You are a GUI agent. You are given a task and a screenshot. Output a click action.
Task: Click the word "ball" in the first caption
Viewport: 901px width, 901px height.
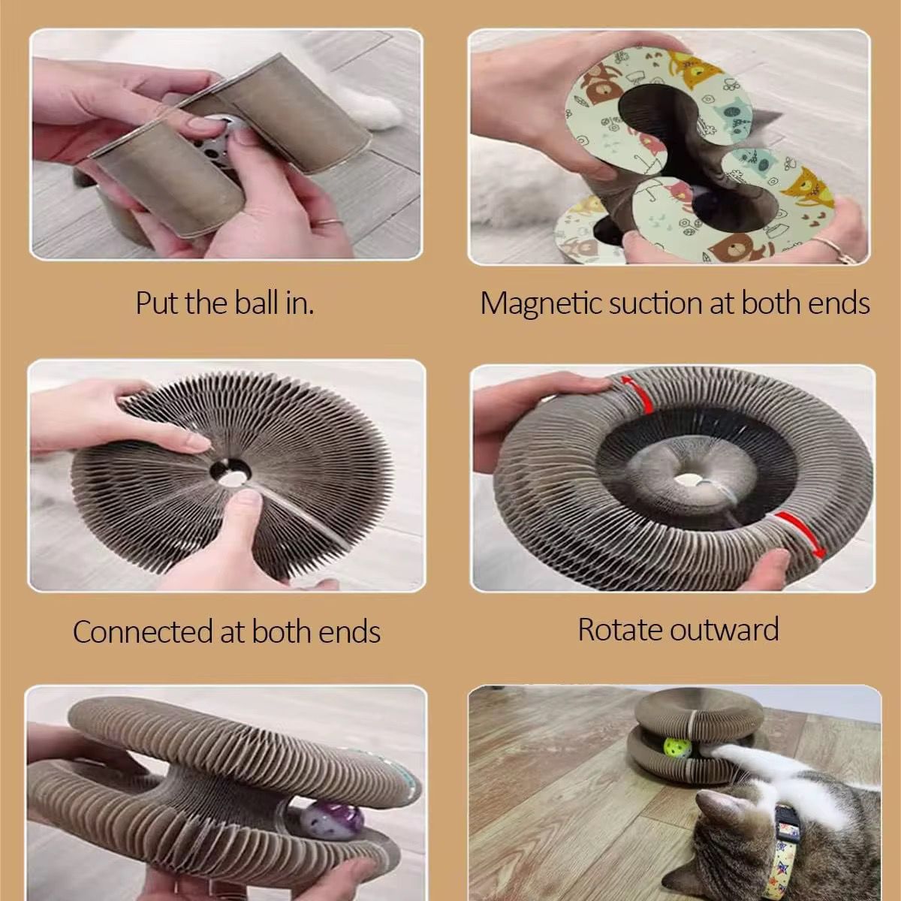click(x=257, y=303)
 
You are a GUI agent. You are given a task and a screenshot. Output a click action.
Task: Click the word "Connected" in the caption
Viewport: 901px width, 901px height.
click(x=143, y=631)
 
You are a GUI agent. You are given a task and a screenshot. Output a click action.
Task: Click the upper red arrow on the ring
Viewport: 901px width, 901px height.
click(x=637, y=393)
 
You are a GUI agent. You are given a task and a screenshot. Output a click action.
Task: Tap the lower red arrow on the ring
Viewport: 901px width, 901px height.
click(x=801, y=534)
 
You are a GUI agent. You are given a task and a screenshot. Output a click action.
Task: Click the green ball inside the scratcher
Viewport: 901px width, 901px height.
click(x=673, y=747)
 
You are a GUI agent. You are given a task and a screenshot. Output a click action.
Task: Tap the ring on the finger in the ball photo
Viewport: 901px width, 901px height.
click(x=330, y=222)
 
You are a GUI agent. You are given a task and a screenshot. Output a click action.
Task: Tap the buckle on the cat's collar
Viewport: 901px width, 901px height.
click(x=788, y=821)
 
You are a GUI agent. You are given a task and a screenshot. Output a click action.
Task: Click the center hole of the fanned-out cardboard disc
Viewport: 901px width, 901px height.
click(x=230, y=474)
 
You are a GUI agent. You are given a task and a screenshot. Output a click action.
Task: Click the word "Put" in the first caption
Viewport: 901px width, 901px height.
click(x=157, y=303)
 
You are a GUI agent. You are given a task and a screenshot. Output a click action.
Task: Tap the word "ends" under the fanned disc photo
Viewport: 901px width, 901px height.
click(x=349, y=632)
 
